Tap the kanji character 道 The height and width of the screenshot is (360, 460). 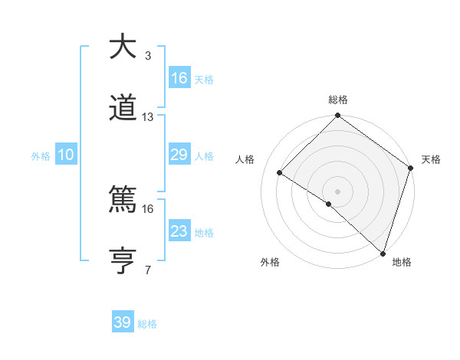click(123, 109)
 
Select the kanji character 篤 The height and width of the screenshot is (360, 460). click(123, 200)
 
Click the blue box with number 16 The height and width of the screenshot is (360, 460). click(179, 78)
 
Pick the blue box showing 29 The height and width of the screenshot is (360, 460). click(179, 155)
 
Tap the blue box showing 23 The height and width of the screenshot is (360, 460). click(179, 231)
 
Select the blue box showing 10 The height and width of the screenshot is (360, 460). click(66, 155)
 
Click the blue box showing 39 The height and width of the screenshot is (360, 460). click(123, 322)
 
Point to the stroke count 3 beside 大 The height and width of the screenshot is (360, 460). click(148, 55)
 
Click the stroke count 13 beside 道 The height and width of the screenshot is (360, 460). click(148, 117)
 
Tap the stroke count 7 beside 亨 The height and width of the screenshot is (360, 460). click(148, 270)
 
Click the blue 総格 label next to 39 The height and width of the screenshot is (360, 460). click(148, 324)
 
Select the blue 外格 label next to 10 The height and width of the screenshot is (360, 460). click(41, 156)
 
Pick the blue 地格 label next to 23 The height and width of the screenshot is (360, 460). click(204, 233)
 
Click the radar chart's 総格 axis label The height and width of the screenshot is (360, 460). click(338, 100)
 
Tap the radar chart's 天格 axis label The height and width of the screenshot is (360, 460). click(432, 159)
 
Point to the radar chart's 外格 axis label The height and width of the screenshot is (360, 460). click(270, 263)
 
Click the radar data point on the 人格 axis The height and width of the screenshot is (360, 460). click(280, 172)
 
